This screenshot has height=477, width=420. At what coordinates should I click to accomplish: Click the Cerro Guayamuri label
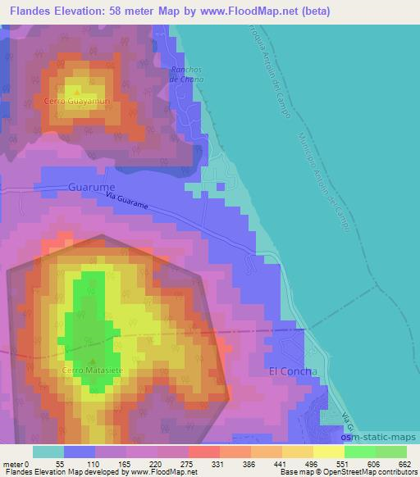click(x=76, y=102)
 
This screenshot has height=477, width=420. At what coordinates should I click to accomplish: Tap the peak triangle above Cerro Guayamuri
click(x=76, y=91)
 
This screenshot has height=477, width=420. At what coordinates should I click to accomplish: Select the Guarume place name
click(x=91, y=187)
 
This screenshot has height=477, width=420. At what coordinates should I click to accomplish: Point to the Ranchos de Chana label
click(x=185, y=75)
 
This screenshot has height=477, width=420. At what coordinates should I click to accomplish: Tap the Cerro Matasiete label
click(x=92, y=370)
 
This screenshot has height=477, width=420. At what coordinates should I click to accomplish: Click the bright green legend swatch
click(x=359, y=452)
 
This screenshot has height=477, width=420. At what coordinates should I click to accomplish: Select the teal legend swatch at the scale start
click(x=48, y=452)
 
